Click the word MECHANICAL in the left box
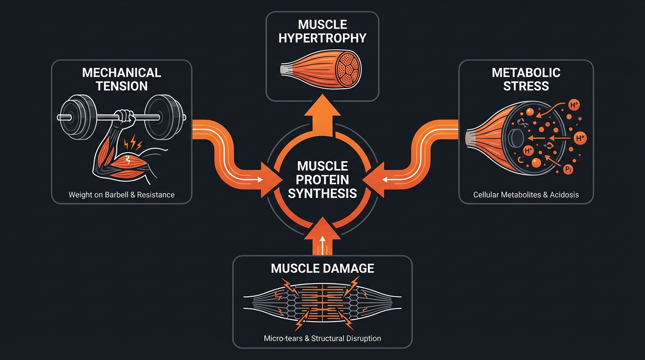pos(121,73)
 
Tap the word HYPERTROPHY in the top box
pos(322,38)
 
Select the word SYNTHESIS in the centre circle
pos(322,193)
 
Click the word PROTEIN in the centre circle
pos(322,179)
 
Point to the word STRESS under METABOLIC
pos(526,86)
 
